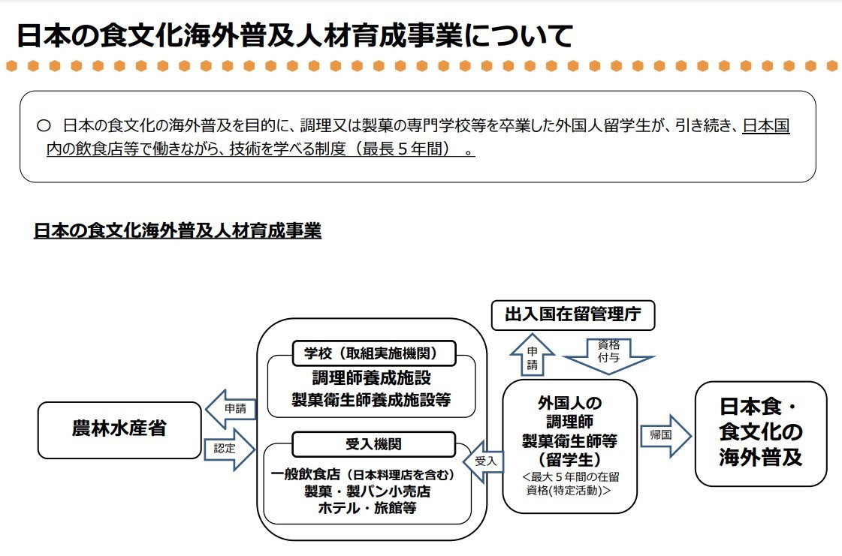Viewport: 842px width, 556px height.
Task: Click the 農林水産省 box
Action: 119,430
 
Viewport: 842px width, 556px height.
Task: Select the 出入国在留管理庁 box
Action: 573,315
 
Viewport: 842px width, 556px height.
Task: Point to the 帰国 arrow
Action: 664,435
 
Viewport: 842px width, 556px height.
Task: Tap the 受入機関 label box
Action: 373,443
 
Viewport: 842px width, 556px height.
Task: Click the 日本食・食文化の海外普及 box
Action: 760,433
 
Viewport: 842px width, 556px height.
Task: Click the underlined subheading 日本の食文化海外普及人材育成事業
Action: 177,231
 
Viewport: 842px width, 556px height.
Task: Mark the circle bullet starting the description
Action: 43,125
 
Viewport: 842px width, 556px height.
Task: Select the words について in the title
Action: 518,35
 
